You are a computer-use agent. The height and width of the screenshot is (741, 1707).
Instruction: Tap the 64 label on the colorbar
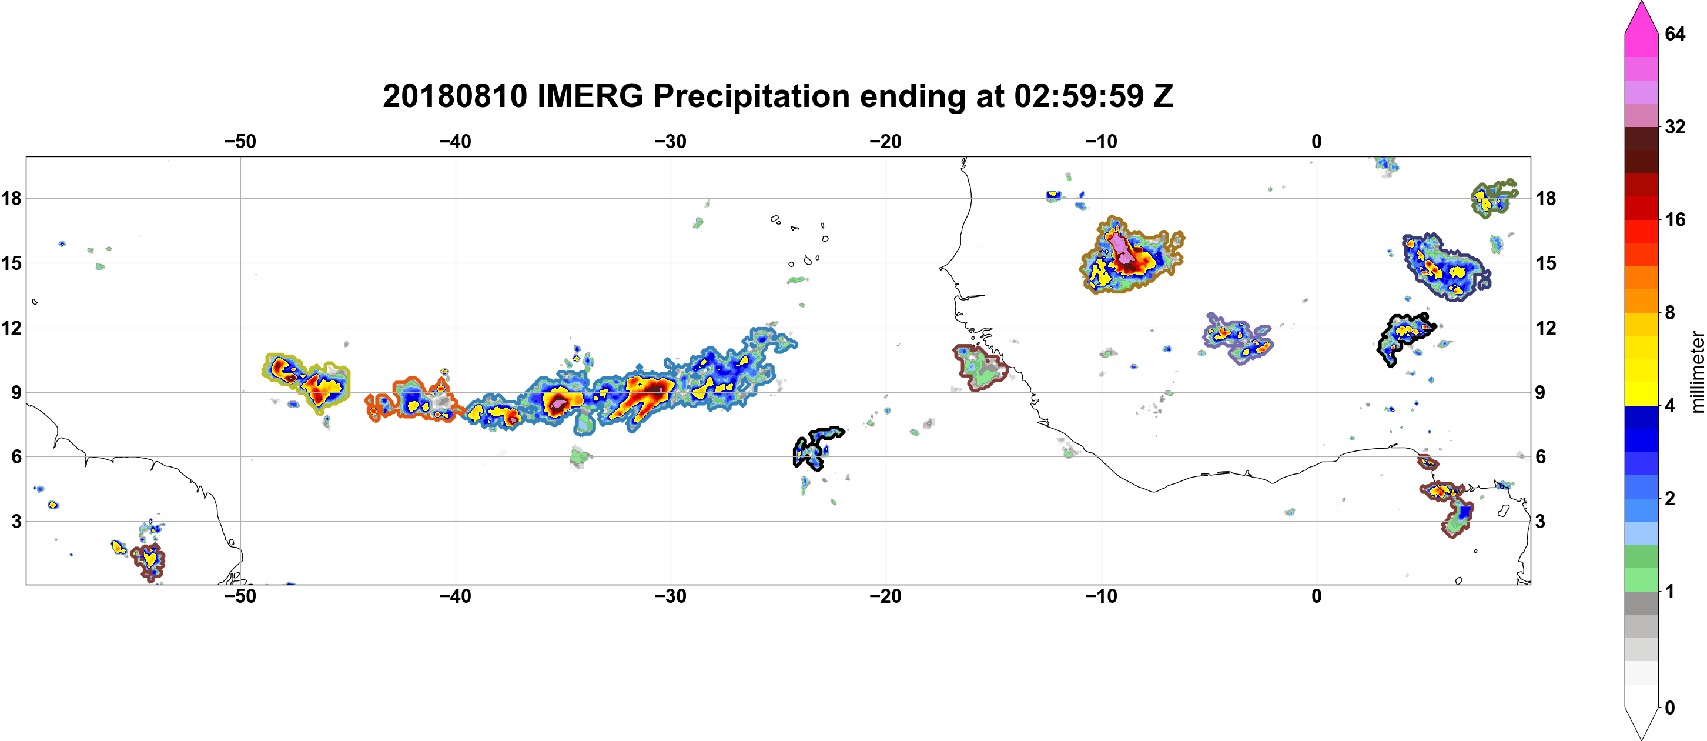pos(1675,34)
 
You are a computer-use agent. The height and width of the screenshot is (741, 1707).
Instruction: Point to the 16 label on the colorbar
pos(1675,219)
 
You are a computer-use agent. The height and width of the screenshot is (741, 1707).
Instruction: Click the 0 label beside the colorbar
pos(1669,707)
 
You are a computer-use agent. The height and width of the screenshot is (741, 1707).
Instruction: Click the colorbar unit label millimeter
pos(1697,372)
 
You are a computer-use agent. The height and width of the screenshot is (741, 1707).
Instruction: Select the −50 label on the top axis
pos(240,141)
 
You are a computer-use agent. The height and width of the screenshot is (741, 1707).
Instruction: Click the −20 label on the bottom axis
pos(885,596)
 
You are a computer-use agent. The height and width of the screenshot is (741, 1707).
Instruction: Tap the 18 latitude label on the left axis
pos(11,198)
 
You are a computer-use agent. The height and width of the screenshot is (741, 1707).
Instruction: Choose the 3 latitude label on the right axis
pos(1540,522)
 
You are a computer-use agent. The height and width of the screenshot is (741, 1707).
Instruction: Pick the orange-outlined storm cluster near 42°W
pos(411,399)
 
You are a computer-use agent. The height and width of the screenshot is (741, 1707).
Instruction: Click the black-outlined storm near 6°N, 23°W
pos(816,448)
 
